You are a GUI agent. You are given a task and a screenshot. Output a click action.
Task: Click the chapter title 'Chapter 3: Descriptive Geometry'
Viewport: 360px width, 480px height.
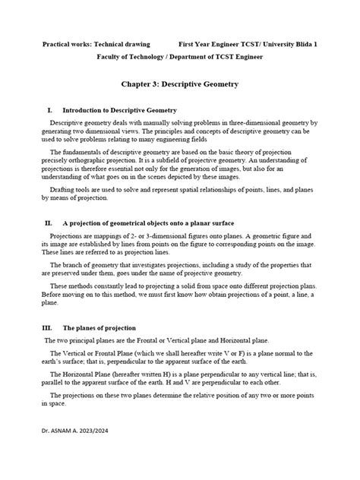point(179,87)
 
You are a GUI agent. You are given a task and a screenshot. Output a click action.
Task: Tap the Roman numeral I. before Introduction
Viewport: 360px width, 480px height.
point(50,111)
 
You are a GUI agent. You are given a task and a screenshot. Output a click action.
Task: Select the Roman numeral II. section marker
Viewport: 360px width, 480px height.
point(49,224)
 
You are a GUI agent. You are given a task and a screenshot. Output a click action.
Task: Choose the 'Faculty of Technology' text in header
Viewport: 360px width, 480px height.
point(110,58)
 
